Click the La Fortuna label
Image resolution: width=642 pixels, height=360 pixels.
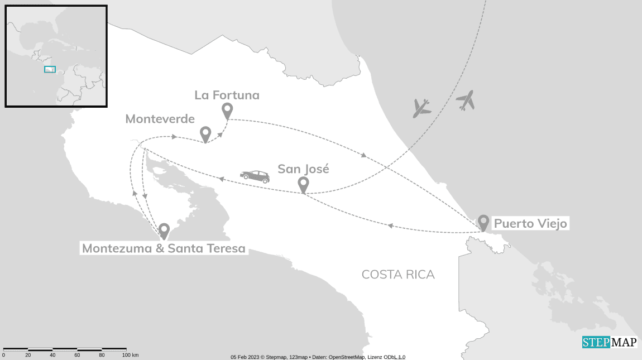[x=227, y=95]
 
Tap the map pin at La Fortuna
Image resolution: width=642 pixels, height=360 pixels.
[x=227, y=111]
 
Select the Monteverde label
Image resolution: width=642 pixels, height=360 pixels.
[x=160, y=119]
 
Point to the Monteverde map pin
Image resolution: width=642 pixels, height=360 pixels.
[x=205, y=134]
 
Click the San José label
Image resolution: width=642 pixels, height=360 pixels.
[x=303, y=169]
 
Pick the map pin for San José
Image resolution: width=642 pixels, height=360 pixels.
[x=303, y=184]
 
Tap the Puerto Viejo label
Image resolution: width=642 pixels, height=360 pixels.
[x=530, y=224]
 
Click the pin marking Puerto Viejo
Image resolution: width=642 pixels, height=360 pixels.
[x=483, y=222]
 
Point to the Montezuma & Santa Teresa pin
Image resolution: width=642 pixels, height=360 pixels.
[x=164, y=230]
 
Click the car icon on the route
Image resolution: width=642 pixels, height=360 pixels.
[x=255, y=176]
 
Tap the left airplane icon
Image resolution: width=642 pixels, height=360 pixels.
[x=421, y=108]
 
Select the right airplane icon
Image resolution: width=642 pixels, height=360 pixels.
[x=465, y=100]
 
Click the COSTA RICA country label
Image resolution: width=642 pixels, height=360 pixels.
[x=398, y=275]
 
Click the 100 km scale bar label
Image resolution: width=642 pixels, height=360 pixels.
[x=130, y=355]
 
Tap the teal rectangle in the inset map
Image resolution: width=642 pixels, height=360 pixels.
[x=50, y=70]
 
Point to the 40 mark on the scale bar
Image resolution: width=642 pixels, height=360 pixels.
[x=52, y=355]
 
